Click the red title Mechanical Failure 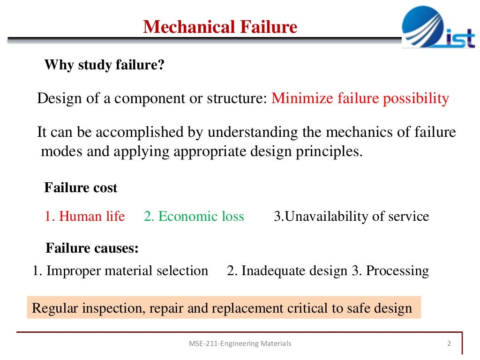[x=220, y=27]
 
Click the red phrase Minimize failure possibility [x=360, y=98]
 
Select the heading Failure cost [x=81, y=188]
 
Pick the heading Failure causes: [x=92, y=248]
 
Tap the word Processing [x=397, y=270]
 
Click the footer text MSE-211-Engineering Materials [x=240, y=344]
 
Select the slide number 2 [x=449, y=344]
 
